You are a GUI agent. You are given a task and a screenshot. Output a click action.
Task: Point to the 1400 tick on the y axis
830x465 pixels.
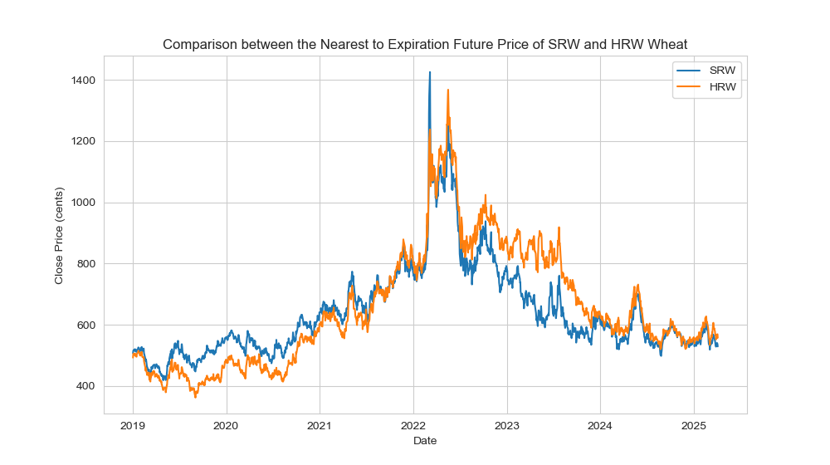83,81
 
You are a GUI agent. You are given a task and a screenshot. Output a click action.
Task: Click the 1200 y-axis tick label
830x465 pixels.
83,142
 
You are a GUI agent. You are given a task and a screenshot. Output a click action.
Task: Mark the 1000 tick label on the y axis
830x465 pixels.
83,203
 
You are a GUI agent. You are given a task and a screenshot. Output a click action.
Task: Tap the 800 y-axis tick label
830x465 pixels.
86,264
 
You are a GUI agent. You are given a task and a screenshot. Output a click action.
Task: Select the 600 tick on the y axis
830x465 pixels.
86,325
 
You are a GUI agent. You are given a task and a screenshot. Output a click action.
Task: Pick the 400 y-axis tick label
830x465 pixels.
86,387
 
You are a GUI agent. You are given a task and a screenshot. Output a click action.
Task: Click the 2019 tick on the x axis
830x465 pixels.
133,426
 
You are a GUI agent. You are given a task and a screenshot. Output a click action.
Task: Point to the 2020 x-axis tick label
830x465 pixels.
226,426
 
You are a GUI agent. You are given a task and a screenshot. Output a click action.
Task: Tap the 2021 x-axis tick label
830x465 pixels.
320,426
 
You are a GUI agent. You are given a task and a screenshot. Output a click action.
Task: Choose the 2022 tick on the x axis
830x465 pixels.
413,426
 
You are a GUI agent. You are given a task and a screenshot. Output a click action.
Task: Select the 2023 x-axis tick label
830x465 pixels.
507,426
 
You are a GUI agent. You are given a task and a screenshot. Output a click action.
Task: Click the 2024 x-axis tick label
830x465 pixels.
600,426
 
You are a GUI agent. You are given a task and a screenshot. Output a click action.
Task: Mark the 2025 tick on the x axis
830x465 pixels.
694,426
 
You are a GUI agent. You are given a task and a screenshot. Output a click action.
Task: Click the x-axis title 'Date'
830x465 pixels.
425,441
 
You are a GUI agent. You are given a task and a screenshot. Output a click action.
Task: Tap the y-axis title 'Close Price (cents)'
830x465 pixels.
59,234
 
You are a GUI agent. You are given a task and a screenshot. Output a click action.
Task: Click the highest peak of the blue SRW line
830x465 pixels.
430,72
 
